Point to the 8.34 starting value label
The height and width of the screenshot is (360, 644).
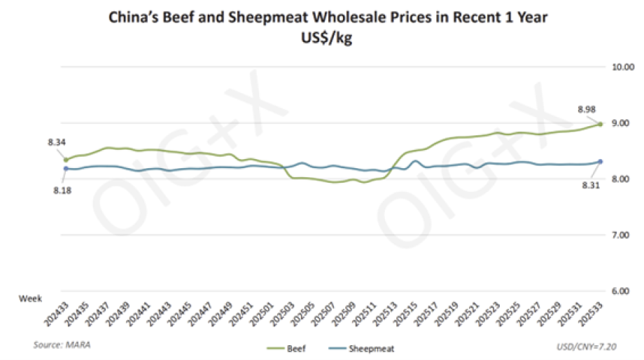tap(57, 143)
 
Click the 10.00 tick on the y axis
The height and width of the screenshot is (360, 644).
tap(622, 67)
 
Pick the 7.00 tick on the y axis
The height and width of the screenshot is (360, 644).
tap(622, 235)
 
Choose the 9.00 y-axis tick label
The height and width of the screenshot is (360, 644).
tap(622, 123)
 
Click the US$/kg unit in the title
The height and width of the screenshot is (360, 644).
tap(327, 39)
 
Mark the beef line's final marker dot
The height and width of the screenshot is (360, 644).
tap(601, 124)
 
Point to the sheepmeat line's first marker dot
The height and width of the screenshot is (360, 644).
tap(66, 169)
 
